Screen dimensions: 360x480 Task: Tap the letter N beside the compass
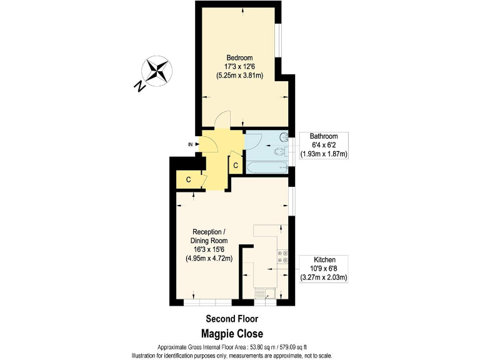(139, 87)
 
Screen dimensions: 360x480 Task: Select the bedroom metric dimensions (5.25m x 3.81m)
(239, 76)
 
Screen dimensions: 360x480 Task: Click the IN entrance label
(190, 144)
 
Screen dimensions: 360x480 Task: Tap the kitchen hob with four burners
(281, 257)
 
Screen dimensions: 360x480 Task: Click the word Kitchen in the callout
(324, 259)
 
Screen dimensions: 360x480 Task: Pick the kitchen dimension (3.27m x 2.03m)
(324, 277)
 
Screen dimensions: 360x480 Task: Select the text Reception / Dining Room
(209, 236)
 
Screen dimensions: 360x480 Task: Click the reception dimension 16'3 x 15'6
(209, 249)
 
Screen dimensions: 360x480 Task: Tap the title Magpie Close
(232, 333)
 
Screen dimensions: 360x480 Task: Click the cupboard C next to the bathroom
(236, 166)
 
